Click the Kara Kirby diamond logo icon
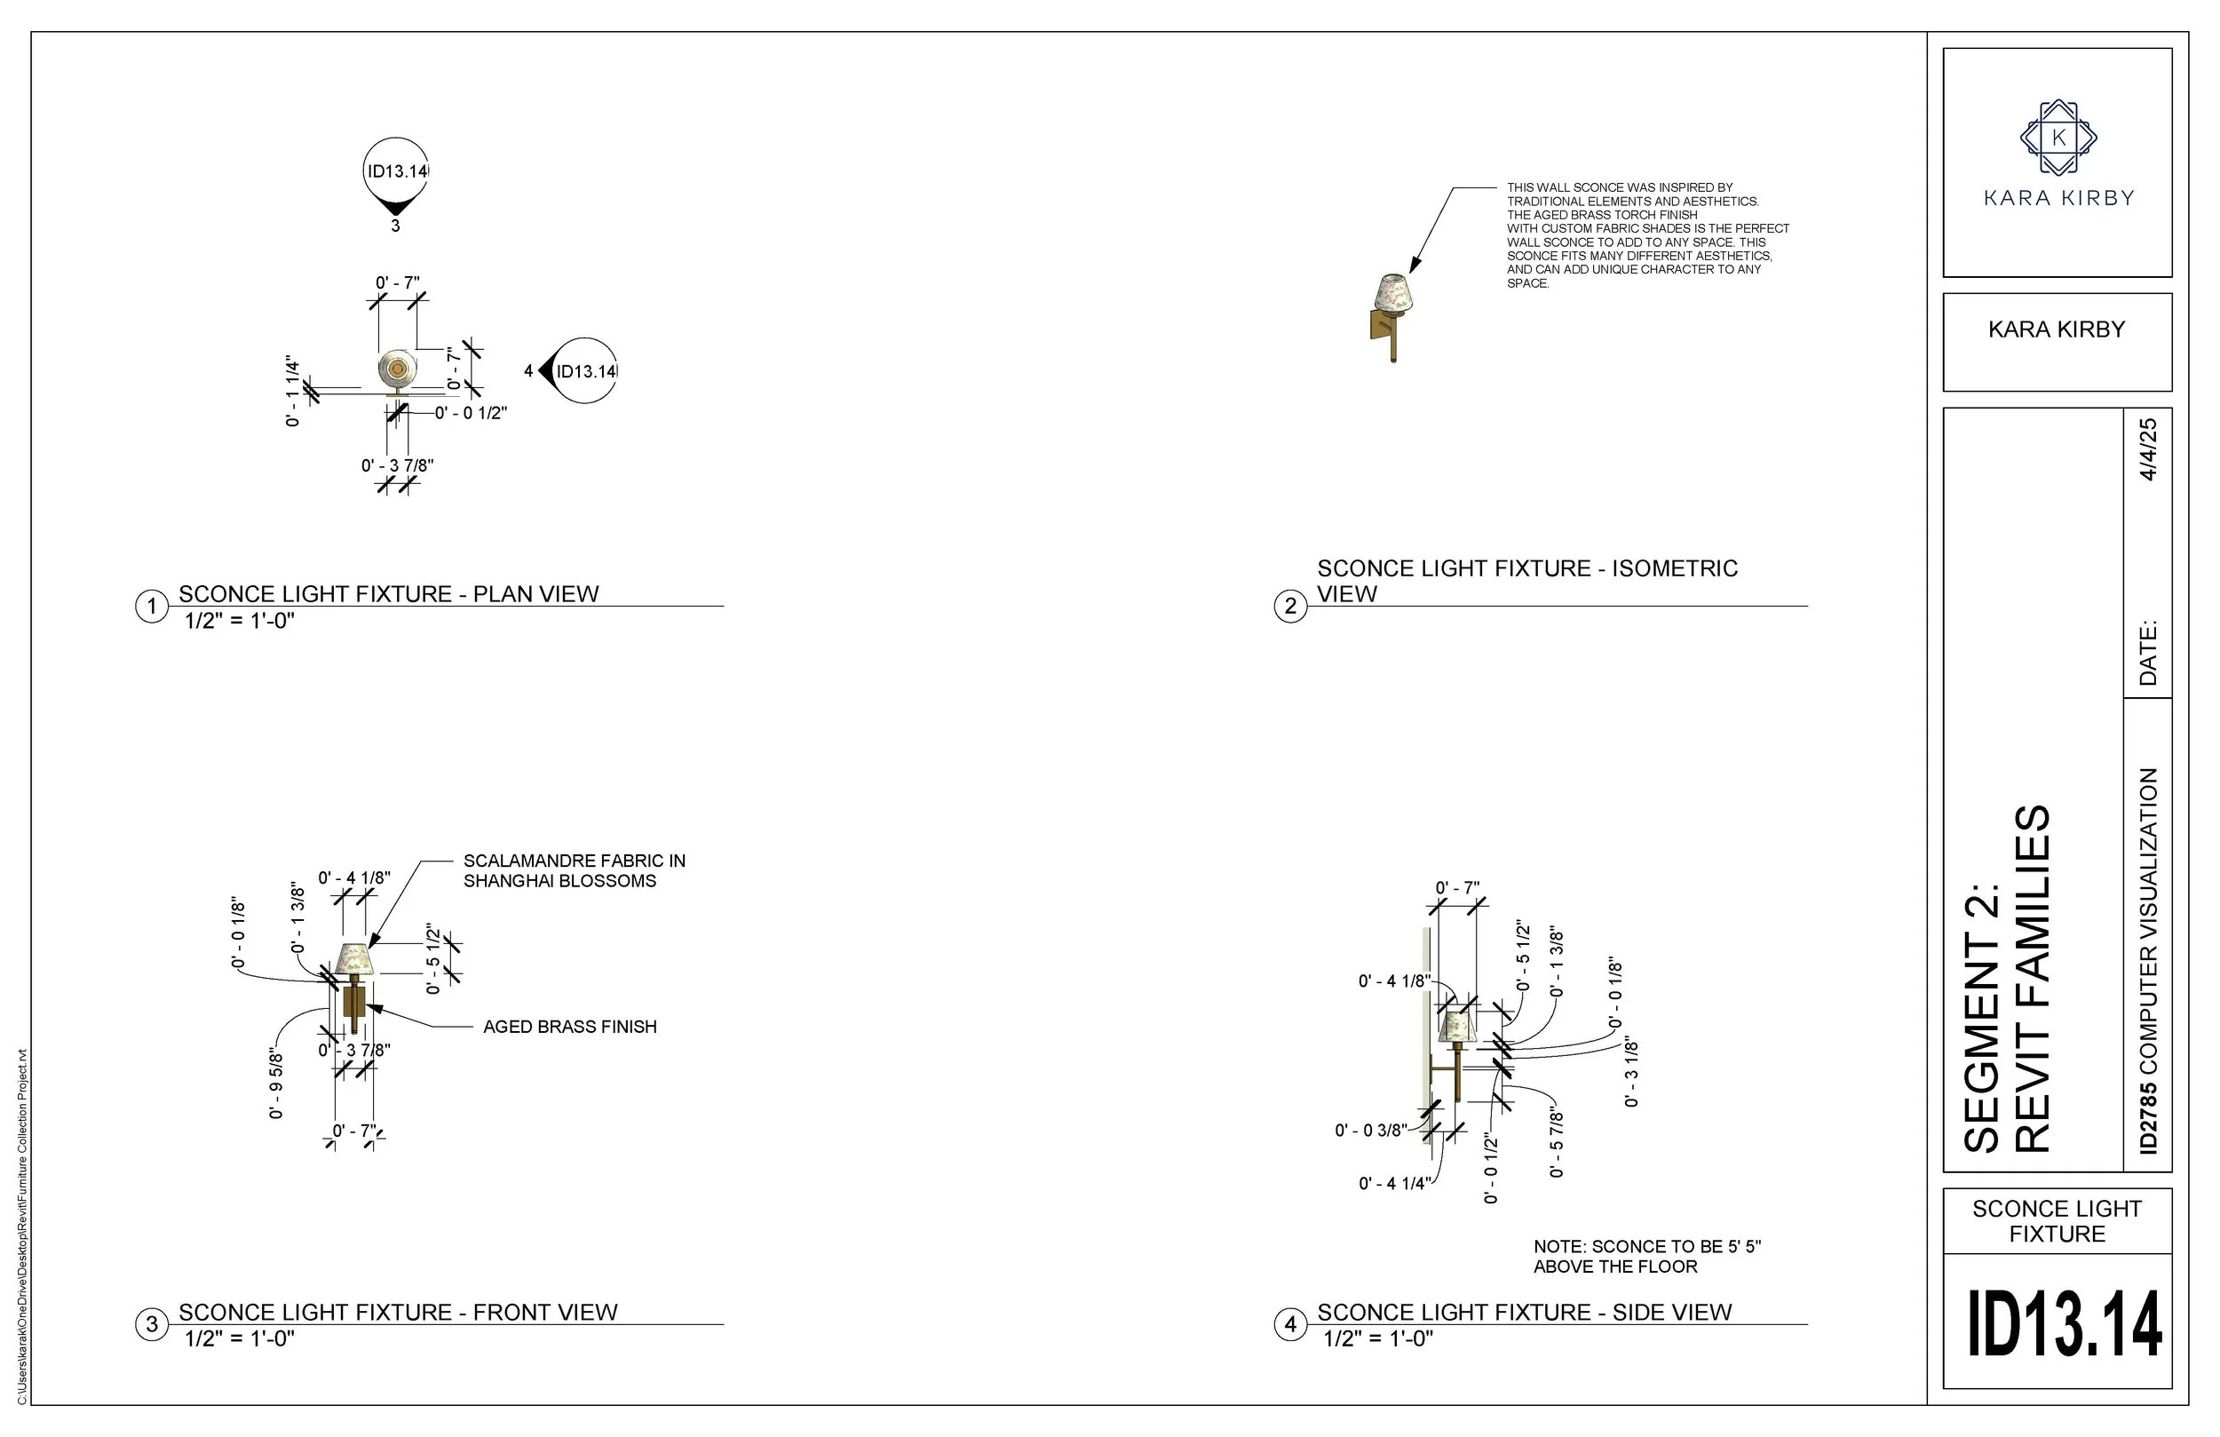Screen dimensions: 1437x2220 coord(2057,138)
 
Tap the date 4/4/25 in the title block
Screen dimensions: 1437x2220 coord(2147,449)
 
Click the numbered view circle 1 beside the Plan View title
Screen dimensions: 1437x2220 coord(151,607)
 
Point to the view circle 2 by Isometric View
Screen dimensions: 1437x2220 coord(1290,607)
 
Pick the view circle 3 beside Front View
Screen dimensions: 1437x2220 coord(151,1324)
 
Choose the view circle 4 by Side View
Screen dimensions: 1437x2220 coord(1290,1324)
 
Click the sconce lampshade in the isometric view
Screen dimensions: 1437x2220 coord(1392,293)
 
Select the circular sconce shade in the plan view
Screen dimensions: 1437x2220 coord(397,369)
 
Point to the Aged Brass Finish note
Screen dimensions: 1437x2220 coord(569,1027)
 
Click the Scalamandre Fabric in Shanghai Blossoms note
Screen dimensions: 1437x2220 coord(573,870)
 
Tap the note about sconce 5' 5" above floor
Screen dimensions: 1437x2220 coord(1646,1256)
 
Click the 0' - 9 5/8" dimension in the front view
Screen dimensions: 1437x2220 coord(276,1085)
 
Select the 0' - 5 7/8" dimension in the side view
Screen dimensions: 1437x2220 coord(1556,1143)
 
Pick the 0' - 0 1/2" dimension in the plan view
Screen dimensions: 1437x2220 coord(471,412)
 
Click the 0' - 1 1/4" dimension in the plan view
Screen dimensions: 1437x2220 coord(293,391)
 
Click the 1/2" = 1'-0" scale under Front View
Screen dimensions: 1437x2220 coord(240,1338)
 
